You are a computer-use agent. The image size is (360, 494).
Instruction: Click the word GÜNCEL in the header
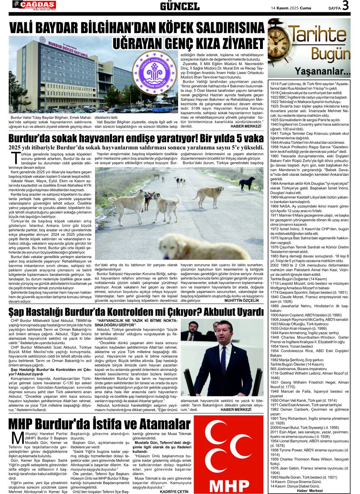pos(180,6)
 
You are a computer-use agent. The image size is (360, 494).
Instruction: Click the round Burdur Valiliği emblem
pos(153,72)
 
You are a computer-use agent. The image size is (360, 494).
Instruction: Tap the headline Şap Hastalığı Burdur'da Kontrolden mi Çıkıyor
pos(136,312)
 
